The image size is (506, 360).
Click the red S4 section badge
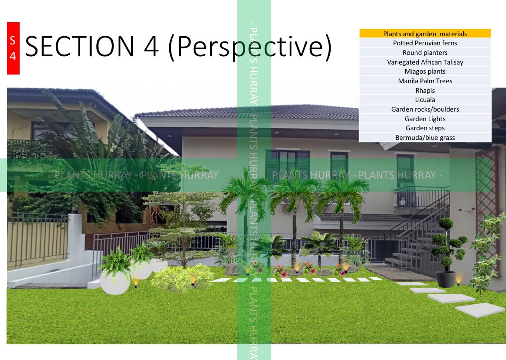click(x=13, y=48)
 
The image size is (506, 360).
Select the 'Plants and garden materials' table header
click(x=425, y=34)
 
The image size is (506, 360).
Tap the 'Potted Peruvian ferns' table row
click(x=425, y=43)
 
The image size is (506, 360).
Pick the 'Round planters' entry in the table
click(x=425, y=53)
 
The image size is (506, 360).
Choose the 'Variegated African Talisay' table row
click(x=425, y=62)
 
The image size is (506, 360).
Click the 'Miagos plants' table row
click(x=425, y=71)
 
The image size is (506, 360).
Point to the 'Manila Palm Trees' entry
click(x=425, y=81)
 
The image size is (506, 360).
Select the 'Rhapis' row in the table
click(x=425, y=91)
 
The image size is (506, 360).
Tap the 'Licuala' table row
click(x=425, y=100)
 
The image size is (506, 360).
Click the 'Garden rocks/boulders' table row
click(x=425, y=109)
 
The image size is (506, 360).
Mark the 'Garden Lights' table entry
click(x=425, y=119)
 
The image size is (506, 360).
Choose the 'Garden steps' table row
click(x=425, y=128)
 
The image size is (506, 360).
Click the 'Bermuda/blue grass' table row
click(x=425, y=138)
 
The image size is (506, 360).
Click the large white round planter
click(x=115, y=281)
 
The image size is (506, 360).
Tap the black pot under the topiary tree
click(x=446, y=279)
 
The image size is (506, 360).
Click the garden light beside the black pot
click(x=458, y=278)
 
